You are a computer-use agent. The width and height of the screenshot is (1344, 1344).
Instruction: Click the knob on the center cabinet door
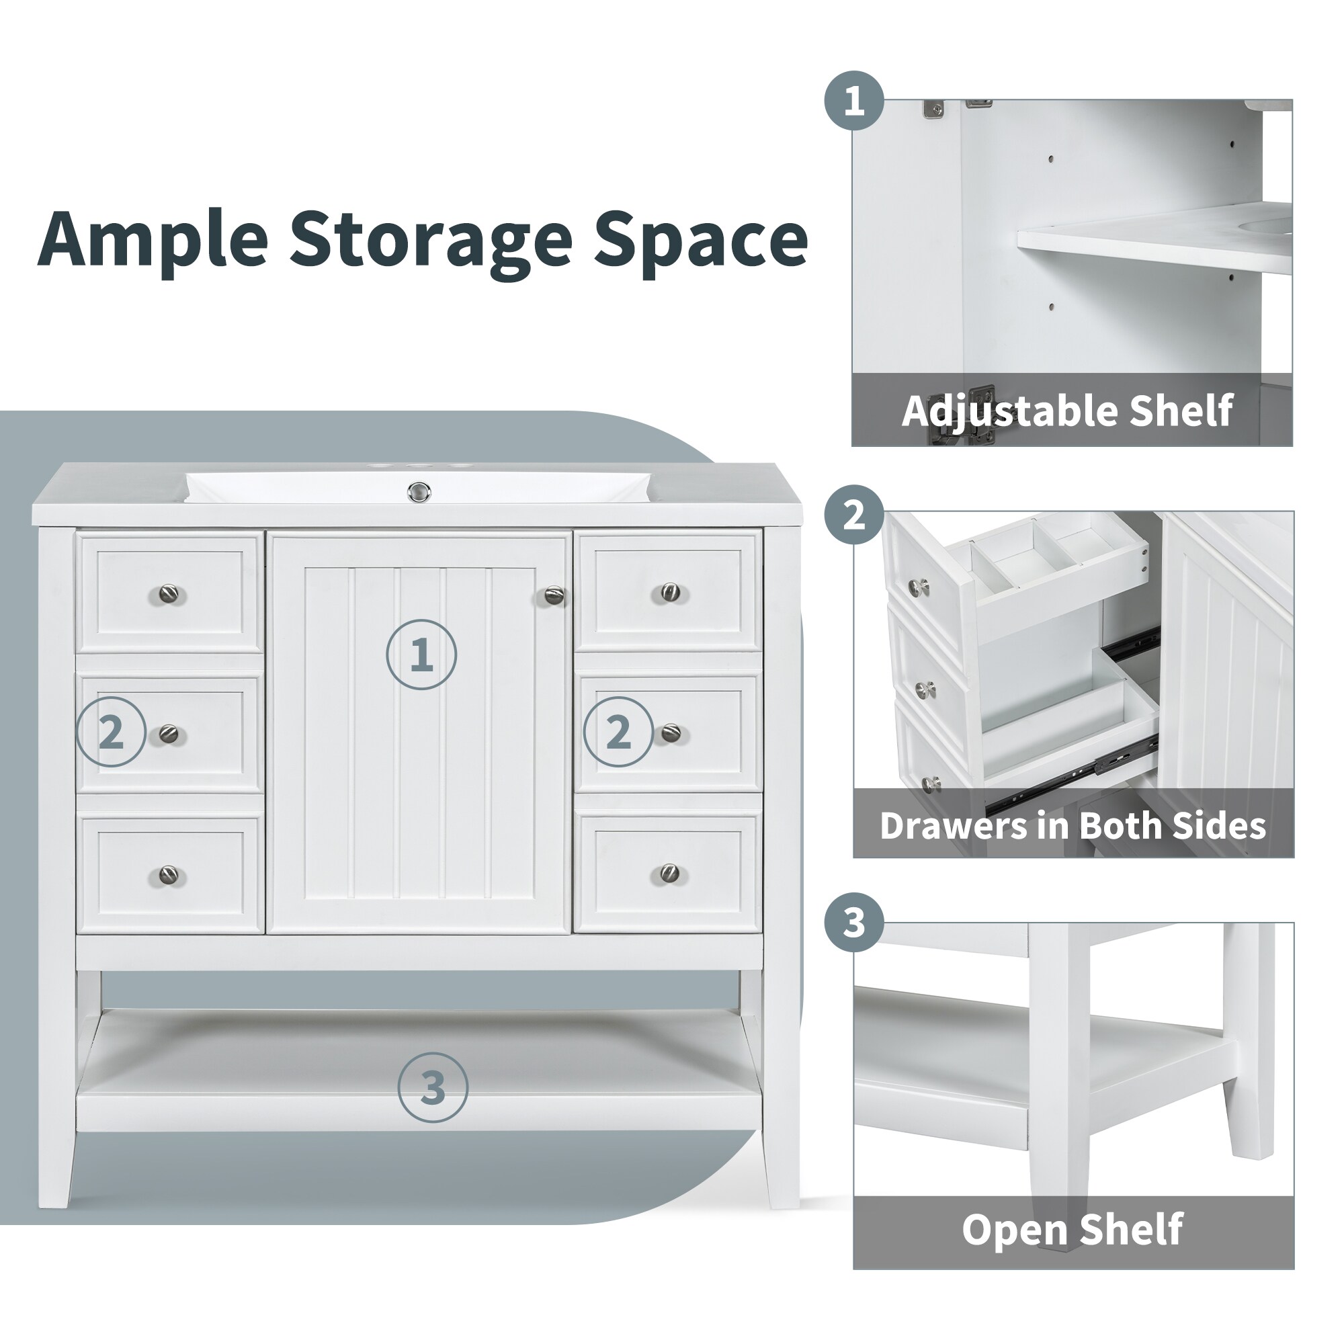(x=554, y=595)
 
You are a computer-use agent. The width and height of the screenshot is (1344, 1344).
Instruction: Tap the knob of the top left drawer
(x=169, y=594)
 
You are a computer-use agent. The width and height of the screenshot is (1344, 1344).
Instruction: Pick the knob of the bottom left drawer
(x=169, y=874)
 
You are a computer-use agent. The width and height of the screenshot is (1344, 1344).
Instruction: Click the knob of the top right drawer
(x=670, y=592)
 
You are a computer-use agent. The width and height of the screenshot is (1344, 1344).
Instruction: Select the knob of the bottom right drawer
(x=669, y=872)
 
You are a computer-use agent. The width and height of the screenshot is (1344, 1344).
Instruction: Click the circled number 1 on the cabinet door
(x=421, y=655)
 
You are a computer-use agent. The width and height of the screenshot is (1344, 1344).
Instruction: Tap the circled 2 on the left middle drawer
(x=112, y=732)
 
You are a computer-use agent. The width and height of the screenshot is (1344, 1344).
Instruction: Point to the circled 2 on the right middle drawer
(x=618, y=732)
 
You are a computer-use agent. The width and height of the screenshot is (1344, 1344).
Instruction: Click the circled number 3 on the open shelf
(x=433, y=1087)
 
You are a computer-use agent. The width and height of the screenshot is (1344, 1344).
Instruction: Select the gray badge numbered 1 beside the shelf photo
(x=854, y=100)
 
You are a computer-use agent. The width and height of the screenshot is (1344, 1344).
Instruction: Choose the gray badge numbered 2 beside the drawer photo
(x=854, y=515)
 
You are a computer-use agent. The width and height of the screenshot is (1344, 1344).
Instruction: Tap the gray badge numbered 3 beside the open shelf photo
(x=854, y=923)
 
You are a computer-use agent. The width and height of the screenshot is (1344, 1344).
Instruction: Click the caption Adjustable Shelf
(x=1067, y=411)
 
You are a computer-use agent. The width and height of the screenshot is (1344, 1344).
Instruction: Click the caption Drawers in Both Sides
(x=1072, y=826)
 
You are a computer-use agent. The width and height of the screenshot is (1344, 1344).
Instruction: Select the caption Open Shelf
(x=1072, y=1229)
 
